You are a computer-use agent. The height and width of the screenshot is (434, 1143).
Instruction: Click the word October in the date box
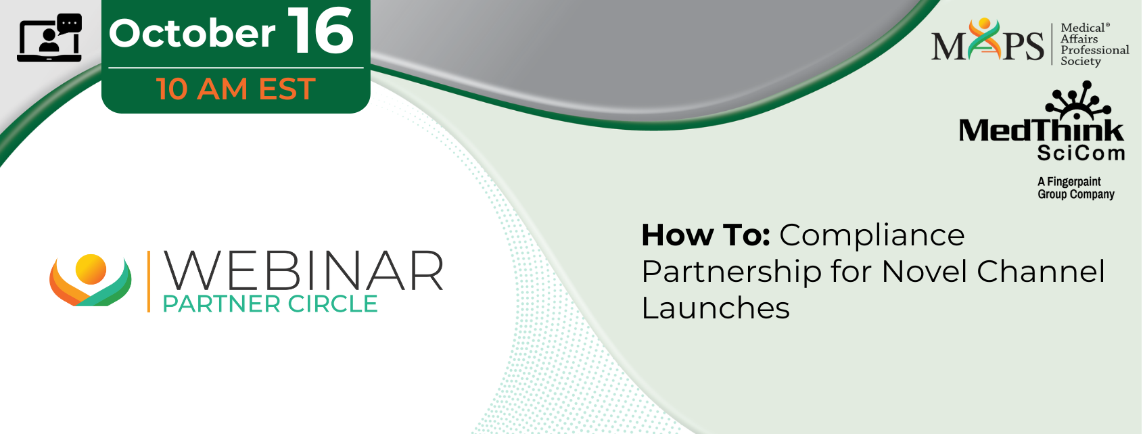pyautogui.click(x=192, y=34)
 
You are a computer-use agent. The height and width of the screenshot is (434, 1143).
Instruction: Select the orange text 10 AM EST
pyautogui.click(x=236, y=89)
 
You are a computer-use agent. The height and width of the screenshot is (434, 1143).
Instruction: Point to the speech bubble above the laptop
pyautogui.click(x=70, y=24)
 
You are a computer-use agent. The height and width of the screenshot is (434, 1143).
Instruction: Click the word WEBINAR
pyautogui.click(x=303, y=271)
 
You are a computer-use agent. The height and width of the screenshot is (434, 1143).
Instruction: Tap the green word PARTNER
pyautogui.click(x=221, y=304)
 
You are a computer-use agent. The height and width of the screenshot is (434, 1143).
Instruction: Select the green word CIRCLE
pyautogui.click(x=332, y=304)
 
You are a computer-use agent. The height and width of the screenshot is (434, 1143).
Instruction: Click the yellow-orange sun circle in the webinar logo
pyautogui.click(x=91, y=269)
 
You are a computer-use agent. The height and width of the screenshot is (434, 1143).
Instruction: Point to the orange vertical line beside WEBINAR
pyautogui.click(x=149, y=281)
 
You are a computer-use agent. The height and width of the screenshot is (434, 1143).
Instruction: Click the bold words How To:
pyautogui.click(x=705, y=235)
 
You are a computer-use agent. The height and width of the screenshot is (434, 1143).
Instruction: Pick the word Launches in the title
pyautogui.click(x=716, y=308)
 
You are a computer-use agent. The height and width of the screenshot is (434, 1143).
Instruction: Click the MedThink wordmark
pyautogui.click(x=1041, y=130)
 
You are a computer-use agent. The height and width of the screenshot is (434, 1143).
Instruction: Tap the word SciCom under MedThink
pyautogui.click(x=1081, y=153)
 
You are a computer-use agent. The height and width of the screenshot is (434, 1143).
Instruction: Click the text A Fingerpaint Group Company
pyautogui.click(x=1075, y=188)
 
